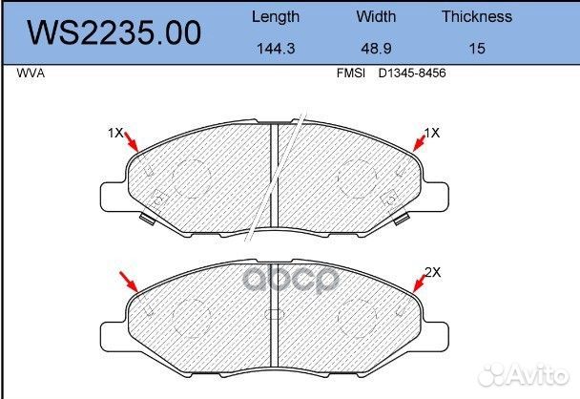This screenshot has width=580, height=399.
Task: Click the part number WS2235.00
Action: click(x=114, y=33)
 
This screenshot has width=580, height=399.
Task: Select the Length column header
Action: click(x=276, y=17)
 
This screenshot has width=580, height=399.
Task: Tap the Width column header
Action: click(x=376, y=16)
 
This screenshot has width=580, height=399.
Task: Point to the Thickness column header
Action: click(x=477, y=16)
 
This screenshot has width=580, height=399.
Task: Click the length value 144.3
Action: click(x=276, y=49)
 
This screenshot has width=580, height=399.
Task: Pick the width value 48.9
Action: click(x=376, y=49)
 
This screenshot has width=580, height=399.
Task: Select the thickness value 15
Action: click(x=477, y=49)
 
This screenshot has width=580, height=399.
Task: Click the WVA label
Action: click(x=31, y=73)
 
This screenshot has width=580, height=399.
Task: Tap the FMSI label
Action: click(x=350, y=73)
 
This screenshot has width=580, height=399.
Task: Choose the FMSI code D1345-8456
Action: click(x=412, y=73)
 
